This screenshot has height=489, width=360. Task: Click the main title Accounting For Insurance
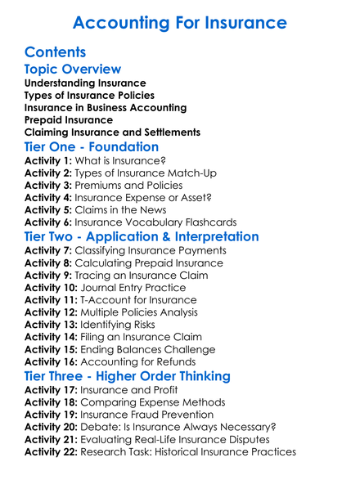[180, 21]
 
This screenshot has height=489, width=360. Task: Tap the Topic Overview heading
[73, 70]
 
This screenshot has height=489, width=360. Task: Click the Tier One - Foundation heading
[92, 147]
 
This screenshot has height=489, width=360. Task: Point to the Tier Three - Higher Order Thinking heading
[127, 376]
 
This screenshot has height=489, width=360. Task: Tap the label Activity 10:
[52, 288]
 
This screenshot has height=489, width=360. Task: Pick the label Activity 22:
[52, 451]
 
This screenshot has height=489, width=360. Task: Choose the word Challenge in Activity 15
[186, 350]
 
